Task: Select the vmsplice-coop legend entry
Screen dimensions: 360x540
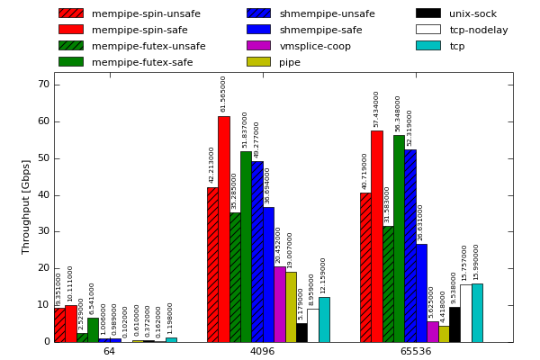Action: coord(315,46)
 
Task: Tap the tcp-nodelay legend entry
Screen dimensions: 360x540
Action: coord(478,30)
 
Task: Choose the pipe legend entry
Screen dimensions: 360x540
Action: coord(290,62)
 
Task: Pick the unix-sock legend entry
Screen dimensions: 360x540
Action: coord(472,13)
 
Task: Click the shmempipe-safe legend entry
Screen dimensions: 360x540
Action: coord(321,30)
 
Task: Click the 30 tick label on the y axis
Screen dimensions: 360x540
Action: coord(43,232)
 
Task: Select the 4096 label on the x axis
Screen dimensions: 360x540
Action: coord(262,351)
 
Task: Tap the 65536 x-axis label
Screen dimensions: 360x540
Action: coord(415,351)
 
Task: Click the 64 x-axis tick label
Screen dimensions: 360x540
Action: coord(109,351)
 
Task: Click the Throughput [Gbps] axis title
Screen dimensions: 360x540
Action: coord(26,206)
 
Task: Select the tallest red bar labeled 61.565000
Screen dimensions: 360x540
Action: coord(223,229)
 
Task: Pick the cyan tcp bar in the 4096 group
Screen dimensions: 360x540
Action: coord(324,319)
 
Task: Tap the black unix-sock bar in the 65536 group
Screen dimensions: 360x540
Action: coord(454,324)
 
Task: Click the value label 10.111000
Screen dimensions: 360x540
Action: coord(70,283)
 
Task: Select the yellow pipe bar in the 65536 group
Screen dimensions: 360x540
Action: coord(444,334)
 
